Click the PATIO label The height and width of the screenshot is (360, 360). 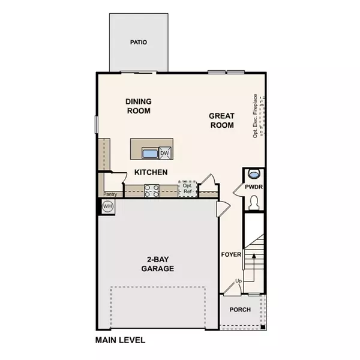pos(139,43)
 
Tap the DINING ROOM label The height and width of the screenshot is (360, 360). pos(139,106)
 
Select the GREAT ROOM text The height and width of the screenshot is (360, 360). pos(221,121)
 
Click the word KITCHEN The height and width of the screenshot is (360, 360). pos(151,172)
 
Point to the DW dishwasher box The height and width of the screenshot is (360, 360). pos(164,154)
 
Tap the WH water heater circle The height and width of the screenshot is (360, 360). pos(108,206)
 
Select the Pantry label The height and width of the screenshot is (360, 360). pos(109,194)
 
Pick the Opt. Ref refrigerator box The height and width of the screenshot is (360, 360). pos(187,188)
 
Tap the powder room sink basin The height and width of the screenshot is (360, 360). pos(254,175)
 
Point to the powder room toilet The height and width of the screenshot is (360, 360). pos(254,203)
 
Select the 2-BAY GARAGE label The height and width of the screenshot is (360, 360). pos(158,264)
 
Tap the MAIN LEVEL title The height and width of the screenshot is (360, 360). pos(120,340)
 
